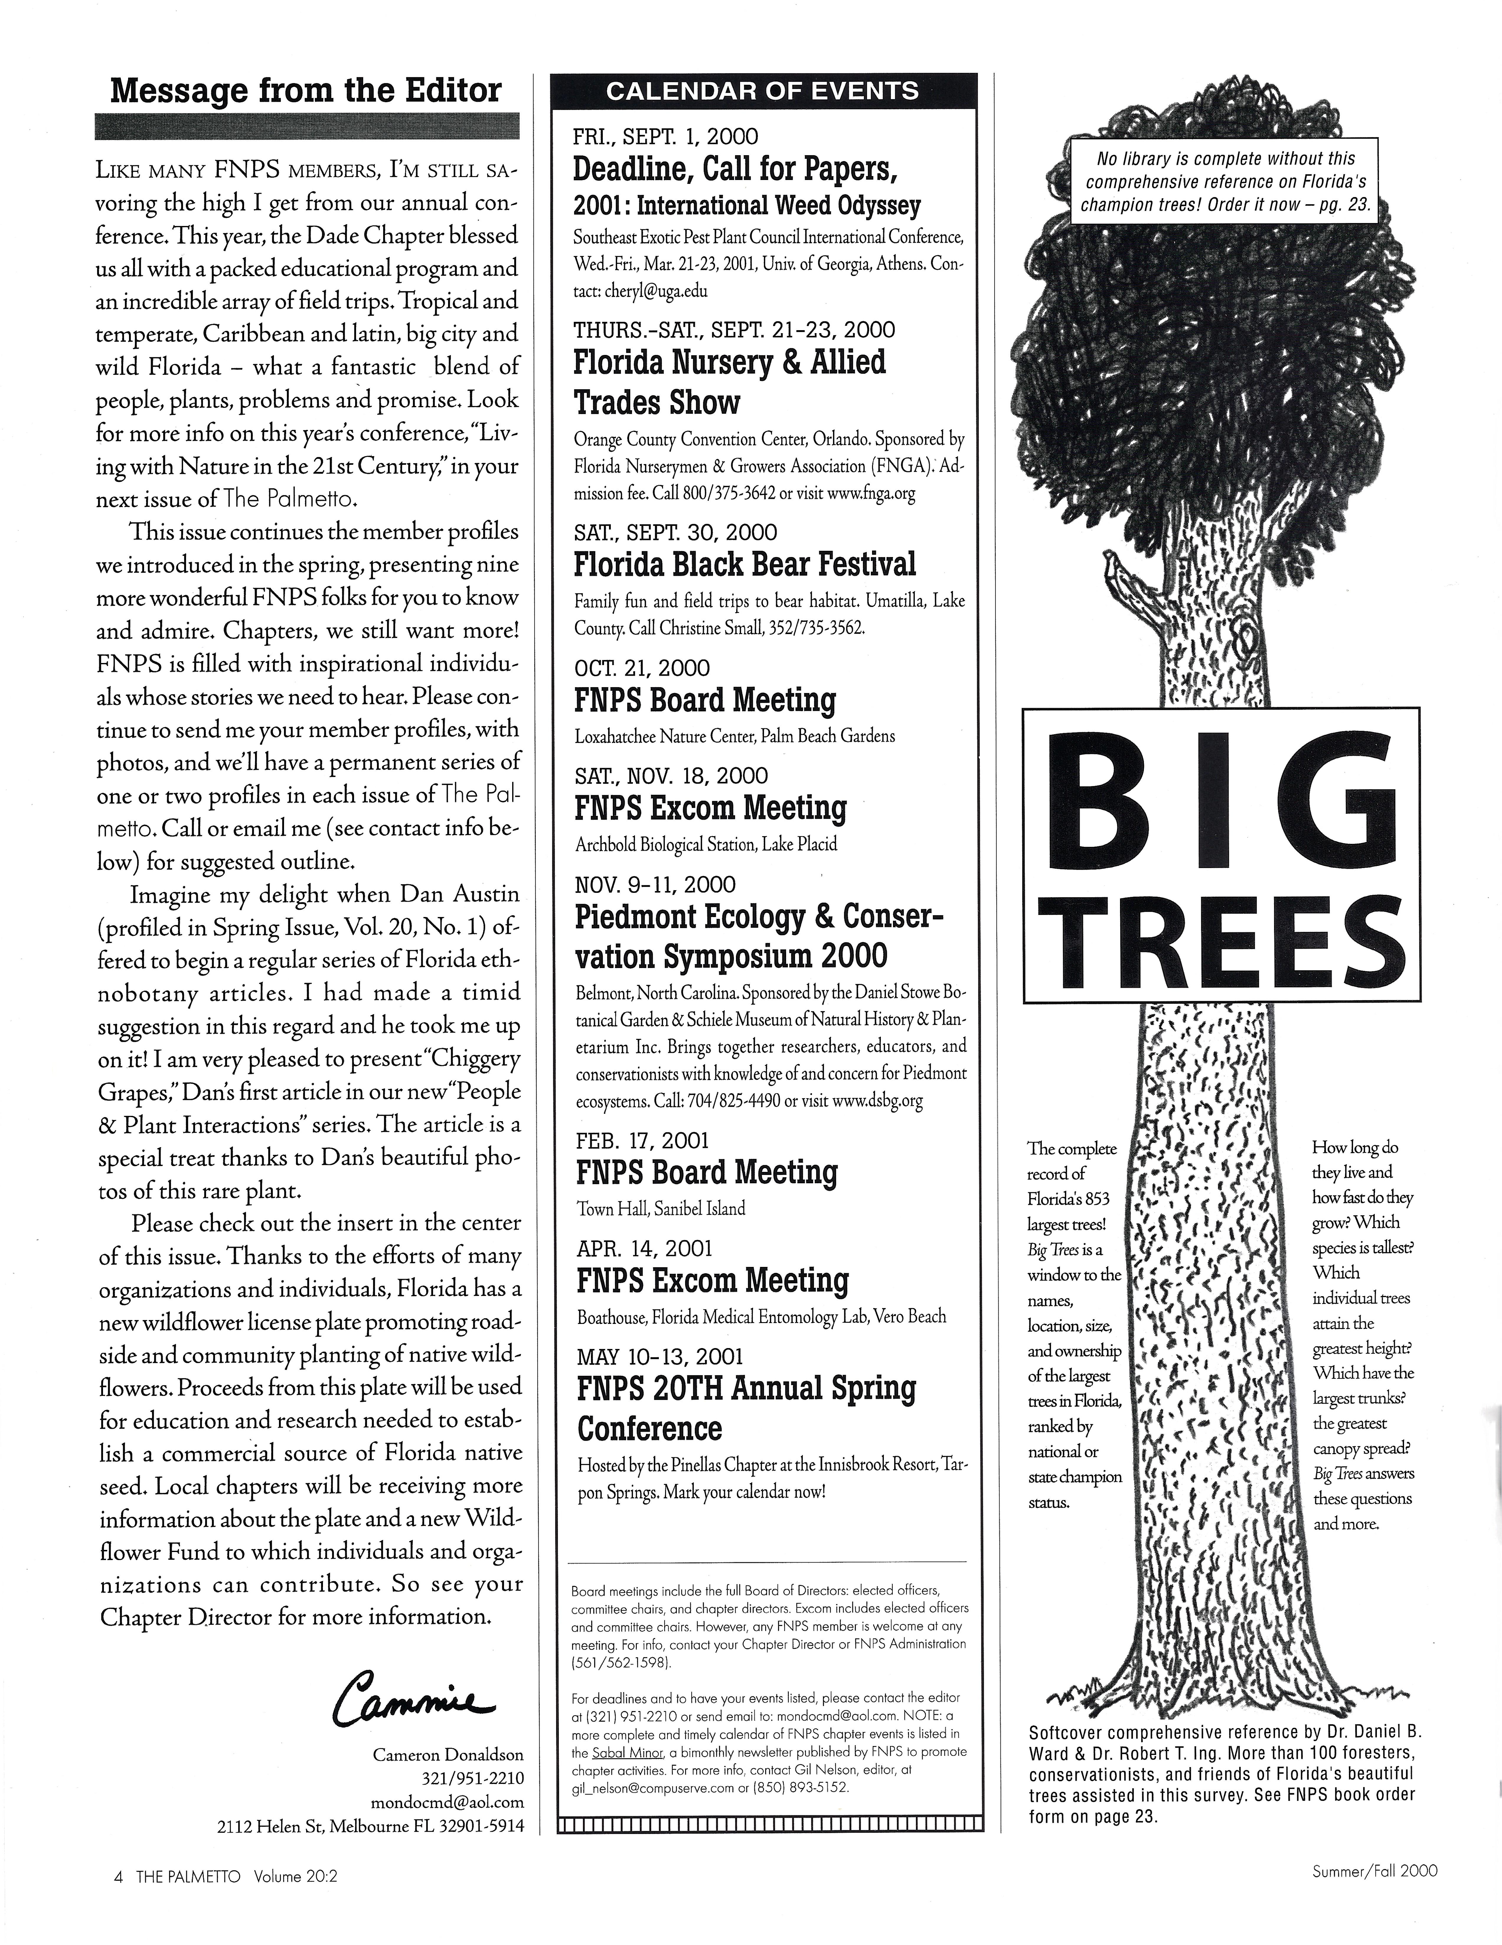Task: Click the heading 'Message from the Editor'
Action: tap(306, 91)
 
